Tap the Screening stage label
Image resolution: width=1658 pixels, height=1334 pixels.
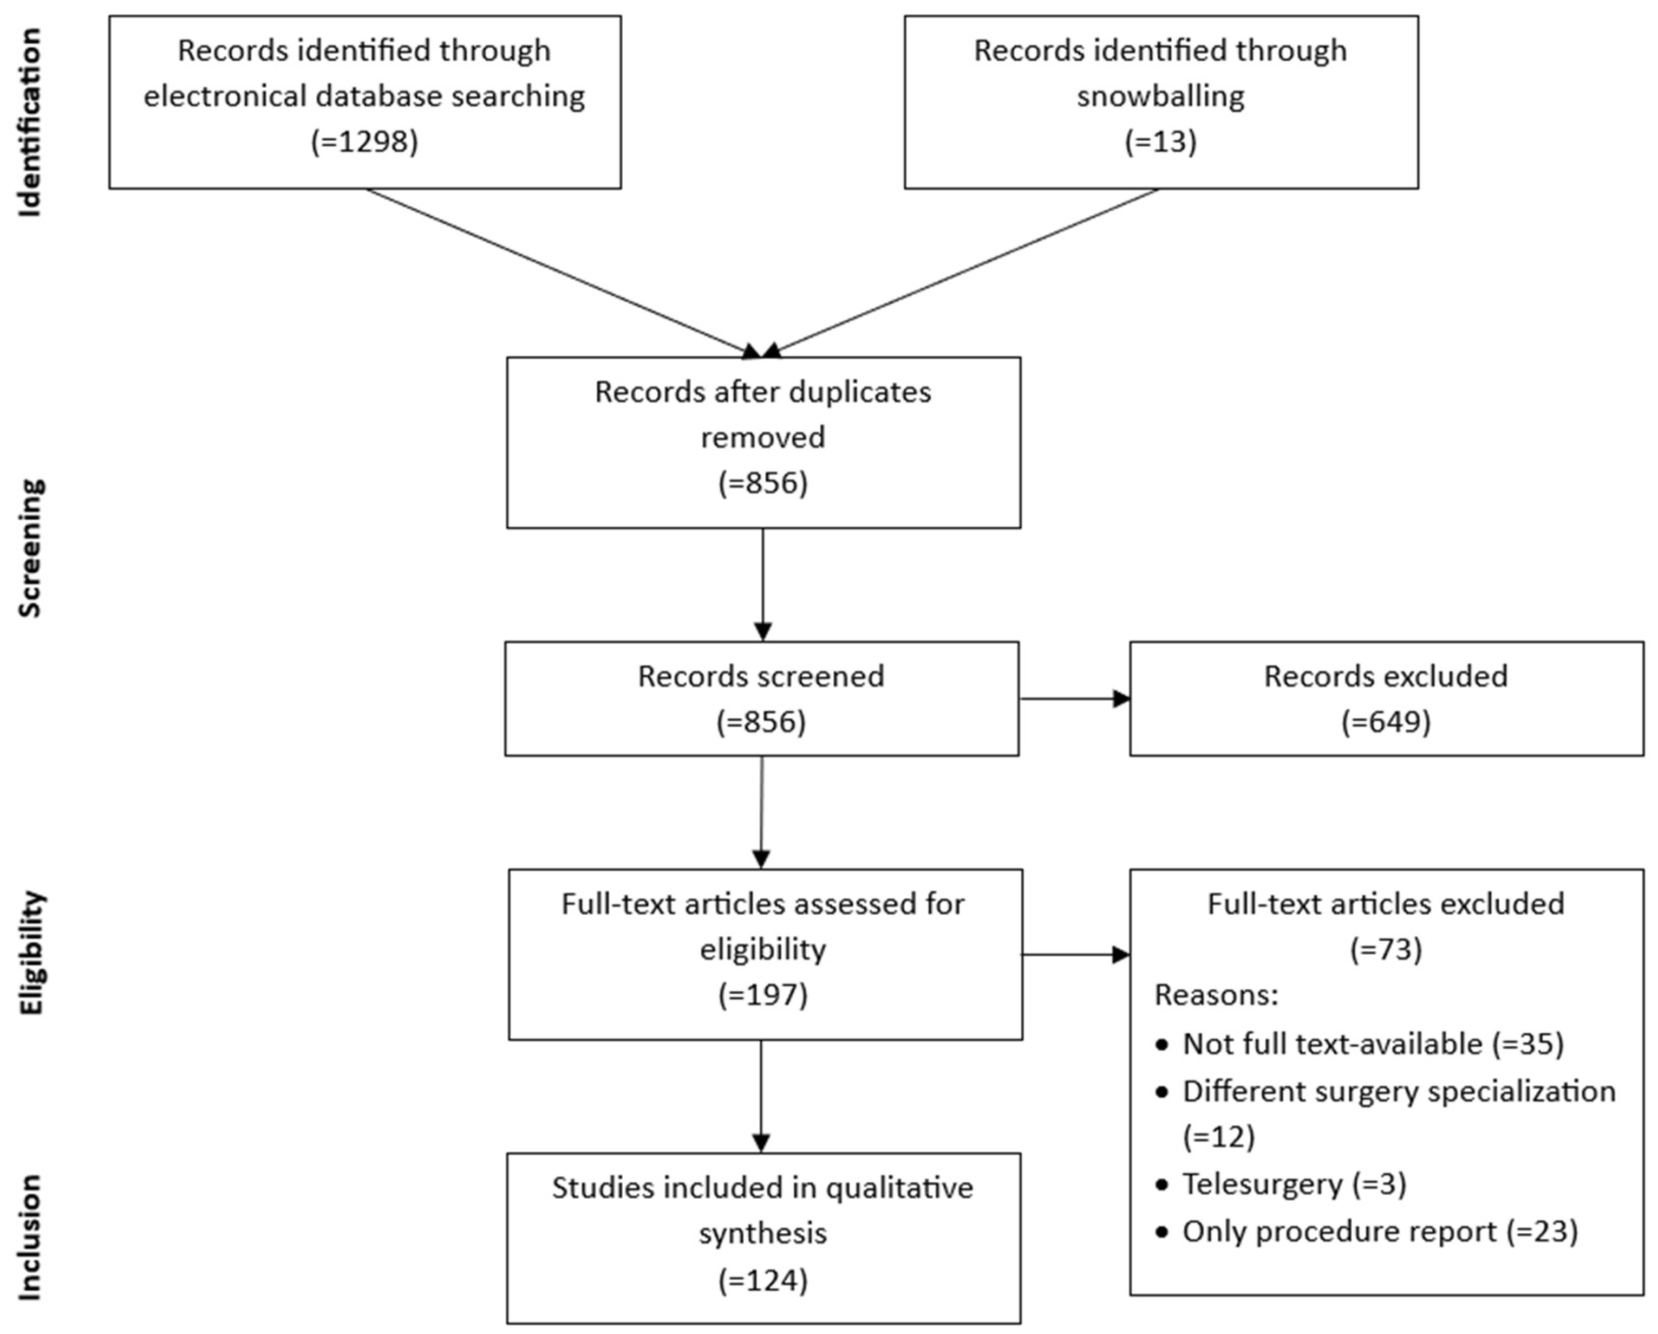(x=30, y=548)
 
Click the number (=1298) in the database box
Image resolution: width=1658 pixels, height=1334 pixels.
(x=364, y=141)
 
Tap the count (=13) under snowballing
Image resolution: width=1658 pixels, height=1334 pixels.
(x=1160, y=141)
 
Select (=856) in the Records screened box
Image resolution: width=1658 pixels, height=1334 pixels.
(x=761, y=722)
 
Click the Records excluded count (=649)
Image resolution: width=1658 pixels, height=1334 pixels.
(x=1386, y=722)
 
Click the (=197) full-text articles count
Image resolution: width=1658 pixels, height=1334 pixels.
(x=763, y=995)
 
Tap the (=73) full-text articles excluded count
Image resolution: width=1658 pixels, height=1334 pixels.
(x=1386, y=949)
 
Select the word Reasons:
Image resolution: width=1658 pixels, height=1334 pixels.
(x=1216, y=995)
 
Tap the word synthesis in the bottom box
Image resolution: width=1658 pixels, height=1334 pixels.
(x=763, y=1233)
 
